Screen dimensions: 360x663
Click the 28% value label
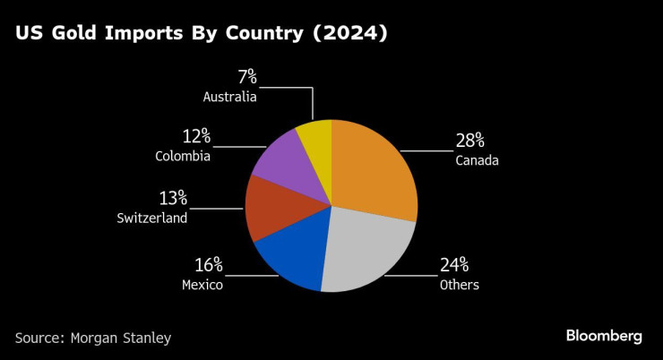click(x=470, y=140)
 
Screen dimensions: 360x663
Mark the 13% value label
click(x=174, y=197)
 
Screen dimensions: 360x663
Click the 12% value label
click(x=196, y=136)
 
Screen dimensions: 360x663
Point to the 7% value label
click(x=246, y=76)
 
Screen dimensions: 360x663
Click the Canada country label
click(x=477, y=160)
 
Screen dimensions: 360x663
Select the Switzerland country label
click(x=152, y=218)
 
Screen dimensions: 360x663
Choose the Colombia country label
click(x=182, y=157)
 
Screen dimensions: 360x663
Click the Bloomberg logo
click(x=604, y=336)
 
